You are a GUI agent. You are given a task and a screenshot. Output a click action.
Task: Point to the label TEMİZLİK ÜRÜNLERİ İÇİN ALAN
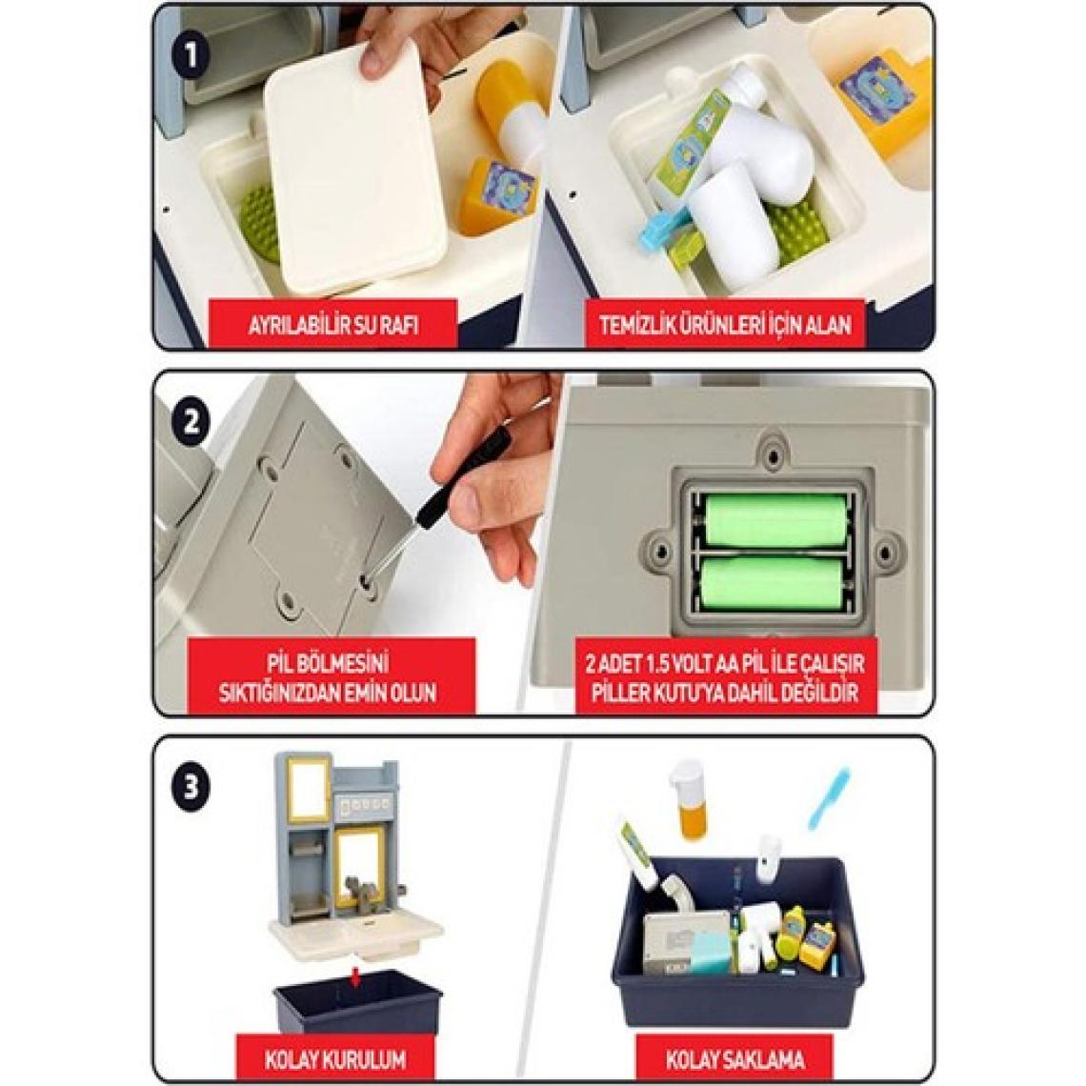[x=725, y=324]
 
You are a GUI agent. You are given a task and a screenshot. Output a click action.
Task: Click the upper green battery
[x=775, y=519]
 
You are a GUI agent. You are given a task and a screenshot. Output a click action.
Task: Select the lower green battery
[x=773, y=583]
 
